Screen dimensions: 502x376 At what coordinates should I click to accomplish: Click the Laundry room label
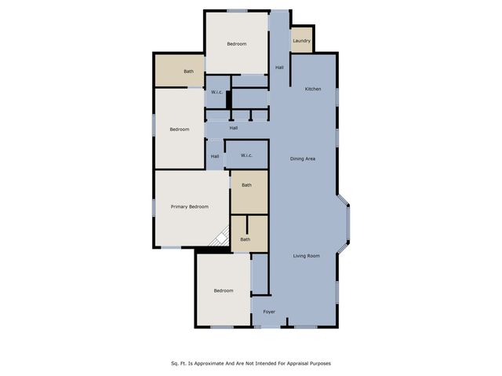tap(301, 41)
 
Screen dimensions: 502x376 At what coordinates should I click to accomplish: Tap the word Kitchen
tap(313, 89)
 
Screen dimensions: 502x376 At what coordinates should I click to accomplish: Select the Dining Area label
tap(303, 159)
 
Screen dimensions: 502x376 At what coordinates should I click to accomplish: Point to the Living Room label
tap(307, 256)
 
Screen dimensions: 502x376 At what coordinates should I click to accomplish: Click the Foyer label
tap(269, 312)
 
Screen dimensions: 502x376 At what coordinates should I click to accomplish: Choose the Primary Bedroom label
tap(190, 207)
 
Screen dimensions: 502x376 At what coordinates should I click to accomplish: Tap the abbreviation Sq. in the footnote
tap(174, 363)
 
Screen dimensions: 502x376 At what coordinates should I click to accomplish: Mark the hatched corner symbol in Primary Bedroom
tap(220, 236)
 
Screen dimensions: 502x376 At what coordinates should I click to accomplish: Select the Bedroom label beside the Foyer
tap(224, 290)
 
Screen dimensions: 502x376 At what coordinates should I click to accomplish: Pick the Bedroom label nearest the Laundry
tap(237, 44)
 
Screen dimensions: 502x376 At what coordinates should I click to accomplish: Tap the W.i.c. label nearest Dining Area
tap(246, 155)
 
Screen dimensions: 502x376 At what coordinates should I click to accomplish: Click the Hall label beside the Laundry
tap(279, 68)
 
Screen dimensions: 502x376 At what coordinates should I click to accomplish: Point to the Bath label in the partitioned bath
tap(246, 239)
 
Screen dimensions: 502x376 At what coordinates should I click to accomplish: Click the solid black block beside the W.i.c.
tap(228, 100)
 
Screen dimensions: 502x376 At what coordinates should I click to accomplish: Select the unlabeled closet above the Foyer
tap(260, 274)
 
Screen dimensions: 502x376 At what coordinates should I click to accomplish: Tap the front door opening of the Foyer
tap(268, 327)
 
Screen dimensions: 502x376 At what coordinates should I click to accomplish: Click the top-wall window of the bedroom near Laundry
tap(237, 11)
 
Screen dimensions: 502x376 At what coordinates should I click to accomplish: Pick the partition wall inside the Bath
tap(247, 225)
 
